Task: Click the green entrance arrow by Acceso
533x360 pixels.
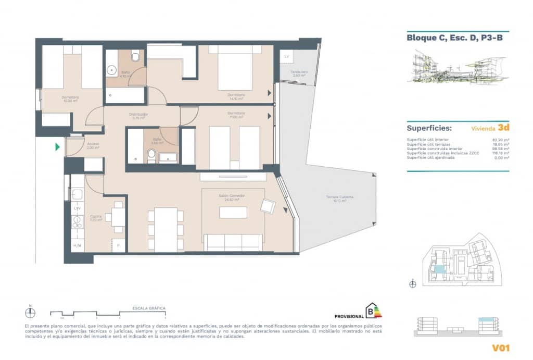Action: (57, 147)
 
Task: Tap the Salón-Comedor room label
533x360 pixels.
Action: (232, 197)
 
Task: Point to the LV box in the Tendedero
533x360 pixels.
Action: (286, 56)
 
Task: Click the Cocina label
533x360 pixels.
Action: (95, 218)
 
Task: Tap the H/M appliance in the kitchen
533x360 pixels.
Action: (77, 245)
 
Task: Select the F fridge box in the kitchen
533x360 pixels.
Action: (119, 245)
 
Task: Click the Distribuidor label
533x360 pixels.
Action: (139, 116)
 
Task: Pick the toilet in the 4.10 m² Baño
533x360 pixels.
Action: (136, 55)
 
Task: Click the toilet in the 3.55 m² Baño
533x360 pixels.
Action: (151, 154)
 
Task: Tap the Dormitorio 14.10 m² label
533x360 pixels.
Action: (236, 96)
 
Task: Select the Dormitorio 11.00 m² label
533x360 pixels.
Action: (236, 115)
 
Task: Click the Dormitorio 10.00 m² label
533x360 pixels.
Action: (70, 99)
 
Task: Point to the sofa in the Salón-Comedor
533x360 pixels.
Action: (233, 242)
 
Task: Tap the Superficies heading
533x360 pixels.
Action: (429, 128)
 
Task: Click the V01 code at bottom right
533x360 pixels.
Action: (500, 347)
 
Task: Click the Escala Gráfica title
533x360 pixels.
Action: (149, 308)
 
